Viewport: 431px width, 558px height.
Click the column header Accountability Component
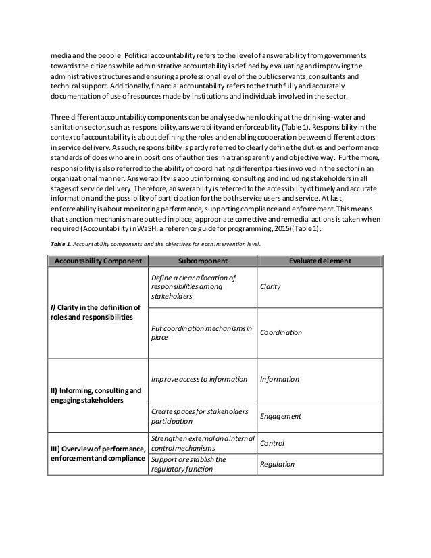pyautogui.click(x=97, y=261)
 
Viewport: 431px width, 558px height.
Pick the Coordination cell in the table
pyautogui.click(x=281, y=333)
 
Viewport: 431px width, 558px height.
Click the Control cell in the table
pyautogui.click(x=272, y=443)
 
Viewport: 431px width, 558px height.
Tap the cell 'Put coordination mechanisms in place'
pyautogui.click(x=201, y=333)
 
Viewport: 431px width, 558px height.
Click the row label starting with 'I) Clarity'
pyautogui.click(x=95, y=314)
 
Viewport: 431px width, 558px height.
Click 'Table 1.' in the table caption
pyautogui.click(x=58, y=244)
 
